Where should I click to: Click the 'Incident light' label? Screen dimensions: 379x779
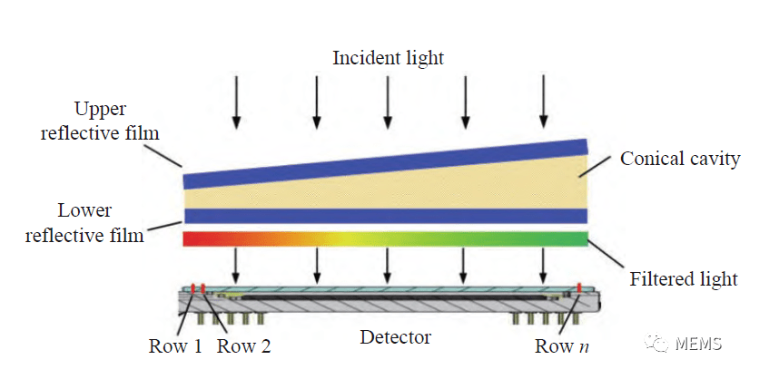click(388, 59)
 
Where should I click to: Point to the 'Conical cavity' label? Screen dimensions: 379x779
click(680, 159)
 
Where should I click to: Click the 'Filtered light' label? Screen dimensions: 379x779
click(684, 278)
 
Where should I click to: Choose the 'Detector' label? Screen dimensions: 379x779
click(395, 337)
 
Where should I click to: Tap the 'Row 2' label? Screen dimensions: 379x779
click(243, 345)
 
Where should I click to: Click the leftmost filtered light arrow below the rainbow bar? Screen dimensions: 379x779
click(236, 265)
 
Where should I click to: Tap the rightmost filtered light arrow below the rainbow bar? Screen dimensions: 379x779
click(544, 265)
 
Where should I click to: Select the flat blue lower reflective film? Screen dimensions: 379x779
click(386, 216)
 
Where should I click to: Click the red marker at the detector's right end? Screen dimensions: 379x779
click(578, 288)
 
